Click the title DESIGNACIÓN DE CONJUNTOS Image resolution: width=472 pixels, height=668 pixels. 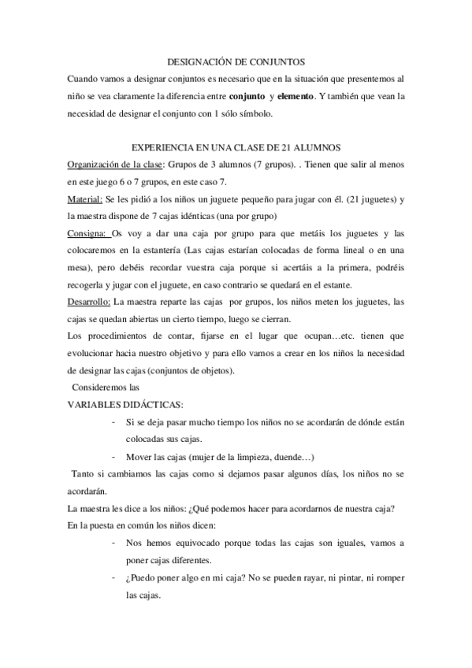coord(236,61)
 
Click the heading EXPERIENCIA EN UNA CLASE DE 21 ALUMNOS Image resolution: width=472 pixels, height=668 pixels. coord(236,149)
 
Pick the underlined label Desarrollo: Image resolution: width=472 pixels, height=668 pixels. coord(90,302)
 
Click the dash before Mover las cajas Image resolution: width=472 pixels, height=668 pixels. coord(116,457)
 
